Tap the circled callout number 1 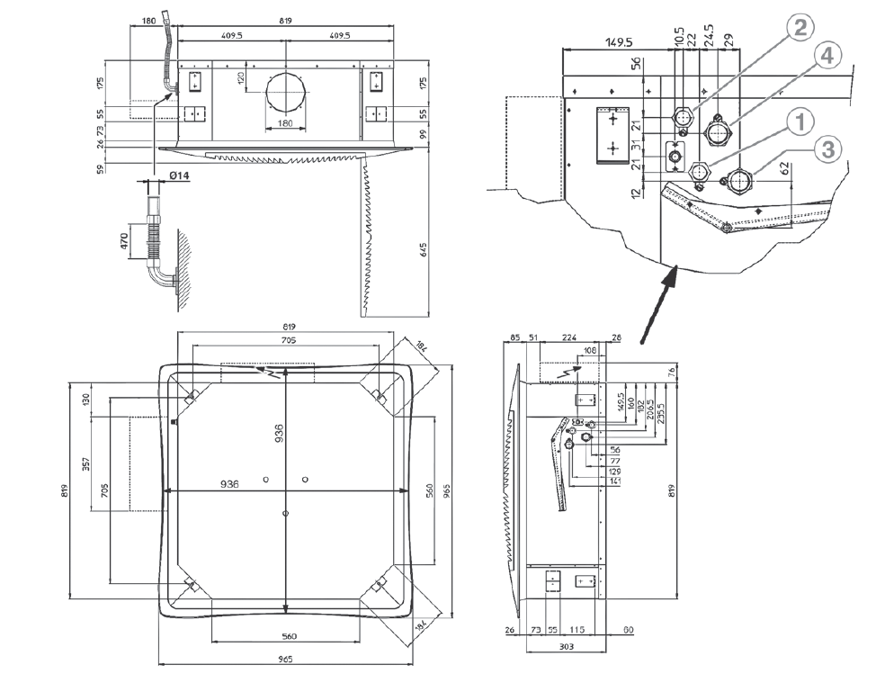click(800, 119)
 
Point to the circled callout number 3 click(827, 149)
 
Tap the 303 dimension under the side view click(567, 646)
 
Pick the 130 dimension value click(87, 399)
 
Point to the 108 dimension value click(590, 350)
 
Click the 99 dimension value click(424, 134)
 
